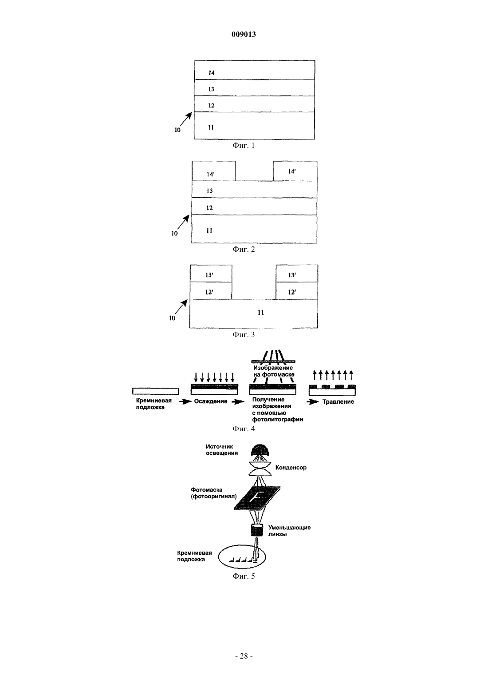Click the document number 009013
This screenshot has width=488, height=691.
244,34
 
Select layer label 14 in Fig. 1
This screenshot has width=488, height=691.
211,73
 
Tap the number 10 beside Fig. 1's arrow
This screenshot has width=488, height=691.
177,130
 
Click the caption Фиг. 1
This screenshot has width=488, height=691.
244,145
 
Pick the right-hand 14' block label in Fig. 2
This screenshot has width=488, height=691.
292,171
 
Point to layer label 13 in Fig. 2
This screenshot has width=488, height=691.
209,191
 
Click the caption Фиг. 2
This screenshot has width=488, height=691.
244,249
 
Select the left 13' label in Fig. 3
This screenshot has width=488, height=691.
209,275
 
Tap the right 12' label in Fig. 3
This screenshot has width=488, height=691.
292,292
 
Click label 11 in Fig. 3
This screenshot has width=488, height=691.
261,313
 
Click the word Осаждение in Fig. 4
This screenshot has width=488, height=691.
210,401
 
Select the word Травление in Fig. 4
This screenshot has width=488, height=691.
338,401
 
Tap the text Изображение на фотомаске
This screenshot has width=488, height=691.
273,371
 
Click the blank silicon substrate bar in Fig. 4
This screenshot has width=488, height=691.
156,391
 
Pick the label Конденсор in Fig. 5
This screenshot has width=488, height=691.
291,467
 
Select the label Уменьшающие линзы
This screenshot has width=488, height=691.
289,531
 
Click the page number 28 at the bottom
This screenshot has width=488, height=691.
244,656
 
